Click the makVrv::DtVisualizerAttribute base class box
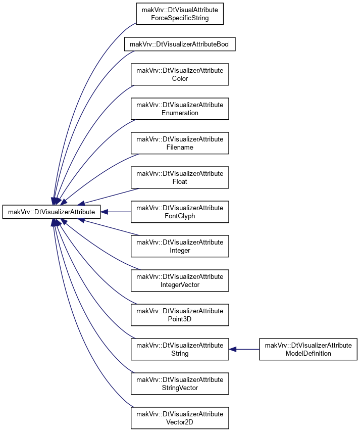pos(52,212)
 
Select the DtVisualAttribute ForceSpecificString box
pos(180,14)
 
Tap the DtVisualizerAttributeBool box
pos(180,44)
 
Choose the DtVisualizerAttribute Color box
pos(180,74)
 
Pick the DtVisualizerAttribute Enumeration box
pos(180,109)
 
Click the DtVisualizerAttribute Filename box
pos(180,143)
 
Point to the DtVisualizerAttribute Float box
pos(180,178)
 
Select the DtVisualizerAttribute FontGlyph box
pos(180,212)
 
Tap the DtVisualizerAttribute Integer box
pos(180,246)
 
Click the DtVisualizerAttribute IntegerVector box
pos(180,281)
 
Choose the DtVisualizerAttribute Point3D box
pos(180,315)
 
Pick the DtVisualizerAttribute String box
pos(180,349)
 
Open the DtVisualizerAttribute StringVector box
pos(180,384)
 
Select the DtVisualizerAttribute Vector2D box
pos(180,418)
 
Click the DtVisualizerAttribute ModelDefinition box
pos(308,349)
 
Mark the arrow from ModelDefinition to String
pos(244,349)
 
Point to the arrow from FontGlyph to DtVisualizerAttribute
pos(116,212)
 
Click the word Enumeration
pos(180,113)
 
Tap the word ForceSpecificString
pos(180,18)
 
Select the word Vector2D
pos(180,422)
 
